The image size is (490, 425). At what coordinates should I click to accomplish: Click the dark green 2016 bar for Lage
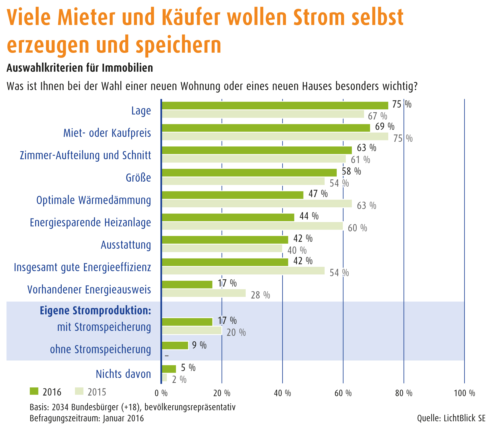pyautogui.click(x=275, y=105)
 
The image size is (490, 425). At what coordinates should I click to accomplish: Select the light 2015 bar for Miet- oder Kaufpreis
pyautogui.click(x=275, y=136)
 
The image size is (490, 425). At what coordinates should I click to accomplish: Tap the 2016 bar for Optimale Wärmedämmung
pyautogui.click(x=232, y=195)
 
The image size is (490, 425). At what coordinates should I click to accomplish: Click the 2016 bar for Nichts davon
pyautogui.click(x=169, y=369)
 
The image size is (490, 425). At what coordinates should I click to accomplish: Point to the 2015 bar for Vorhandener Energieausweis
pyautogui.click(x=204, y=293)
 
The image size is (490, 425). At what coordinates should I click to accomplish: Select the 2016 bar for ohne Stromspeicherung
pyautogui.click(x=175, y=345)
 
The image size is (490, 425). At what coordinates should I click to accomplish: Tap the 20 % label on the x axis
pyautogui.click(x=222, y=393)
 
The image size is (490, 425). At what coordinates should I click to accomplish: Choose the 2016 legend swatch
pyautogui.click(x=33, y=391)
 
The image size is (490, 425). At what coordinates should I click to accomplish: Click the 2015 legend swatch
pyautogui.click(x=79, y=391)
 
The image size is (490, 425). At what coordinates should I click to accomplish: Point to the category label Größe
pyautogui.click(x=138, y=178)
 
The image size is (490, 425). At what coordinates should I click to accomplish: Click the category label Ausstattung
pyautogui.click(x=126, y=245)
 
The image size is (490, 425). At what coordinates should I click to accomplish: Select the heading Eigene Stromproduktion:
pyautogui.click(x=95, y=310)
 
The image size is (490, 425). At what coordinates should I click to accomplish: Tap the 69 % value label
pyautogui.click(x=385, y=126)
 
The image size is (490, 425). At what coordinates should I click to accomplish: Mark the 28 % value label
pyautogui.click(x=260, y=295)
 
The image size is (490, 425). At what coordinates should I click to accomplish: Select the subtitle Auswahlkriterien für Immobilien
pyautogui.click(x=80, y=68)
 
